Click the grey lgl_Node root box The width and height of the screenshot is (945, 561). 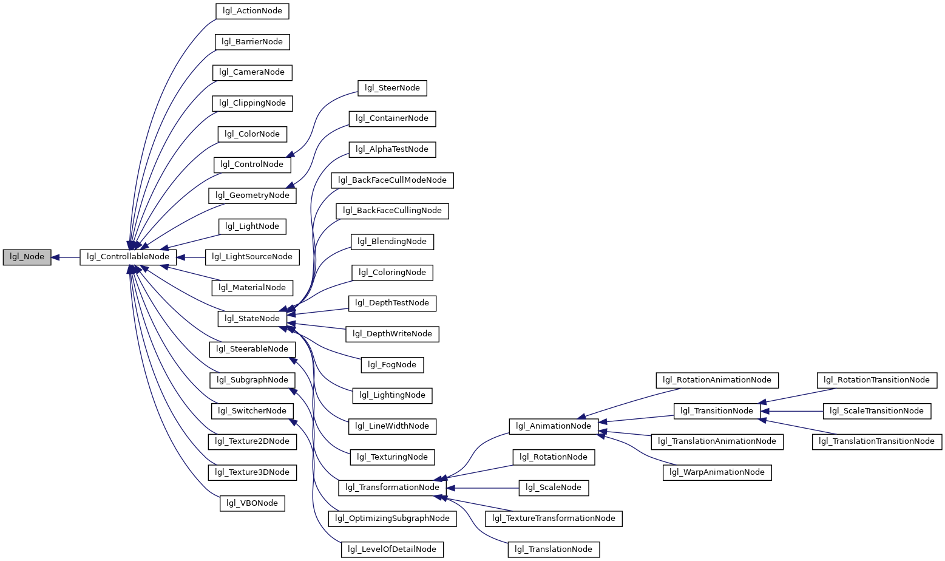pos(27,257)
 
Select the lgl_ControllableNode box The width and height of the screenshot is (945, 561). pos(128,257)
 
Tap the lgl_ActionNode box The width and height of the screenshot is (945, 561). pos(252,11)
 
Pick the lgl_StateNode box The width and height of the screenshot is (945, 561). pos(252,319)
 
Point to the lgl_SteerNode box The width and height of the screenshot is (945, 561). pos(392,88)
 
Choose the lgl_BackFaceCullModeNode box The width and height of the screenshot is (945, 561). pos(392,181)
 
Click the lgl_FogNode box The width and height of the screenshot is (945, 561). pos(392,365)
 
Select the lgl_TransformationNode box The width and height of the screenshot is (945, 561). pos(392,488)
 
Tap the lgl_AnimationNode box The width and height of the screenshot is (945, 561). pos(554,426)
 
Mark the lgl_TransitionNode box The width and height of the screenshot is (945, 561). pos(717,411)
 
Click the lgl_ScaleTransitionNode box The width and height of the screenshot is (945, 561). pos(876,411)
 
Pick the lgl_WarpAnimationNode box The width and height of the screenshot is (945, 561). pos(717,472)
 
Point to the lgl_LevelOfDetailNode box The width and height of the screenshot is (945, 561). pos(392,549)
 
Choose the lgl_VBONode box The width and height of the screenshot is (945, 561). pos(252,503)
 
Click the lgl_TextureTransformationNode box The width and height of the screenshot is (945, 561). pos(554,518)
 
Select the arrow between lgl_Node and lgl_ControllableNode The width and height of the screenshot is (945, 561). pos(66,257)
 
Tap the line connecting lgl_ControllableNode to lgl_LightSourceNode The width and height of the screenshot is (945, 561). pos(191,257)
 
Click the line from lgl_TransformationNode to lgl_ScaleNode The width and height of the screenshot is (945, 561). pos(482,488)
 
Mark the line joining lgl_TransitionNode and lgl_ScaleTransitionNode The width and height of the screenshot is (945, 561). pos(791,411)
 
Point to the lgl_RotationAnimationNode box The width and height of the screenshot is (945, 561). pos(717,380)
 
